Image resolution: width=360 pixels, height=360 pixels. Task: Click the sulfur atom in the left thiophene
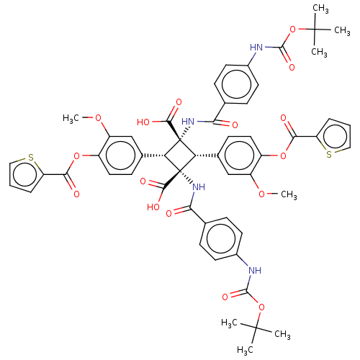click(31, 158)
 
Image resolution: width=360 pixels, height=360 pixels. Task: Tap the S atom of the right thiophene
click(329, 154)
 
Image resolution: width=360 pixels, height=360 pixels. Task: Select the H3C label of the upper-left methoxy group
click(71, 118)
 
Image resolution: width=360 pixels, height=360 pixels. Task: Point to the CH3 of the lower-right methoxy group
click(289, 194)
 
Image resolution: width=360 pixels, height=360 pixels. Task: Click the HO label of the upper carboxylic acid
click(143, 122)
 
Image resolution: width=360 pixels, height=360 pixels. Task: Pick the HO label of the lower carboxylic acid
click(153, 207)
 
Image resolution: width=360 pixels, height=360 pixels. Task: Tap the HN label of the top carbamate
click(256, 48)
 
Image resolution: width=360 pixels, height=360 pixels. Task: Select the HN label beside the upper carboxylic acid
click(188, 122)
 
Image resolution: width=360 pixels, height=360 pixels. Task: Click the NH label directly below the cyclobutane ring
click(199, 186)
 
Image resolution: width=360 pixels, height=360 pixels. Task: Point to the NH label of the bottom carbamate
click(255, 271)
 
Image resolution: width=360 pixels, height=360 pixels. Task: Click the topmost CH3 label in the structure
click(320, 9)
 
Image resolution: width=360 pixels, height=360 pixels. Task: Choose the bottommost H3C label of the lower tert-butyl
click(245, 350)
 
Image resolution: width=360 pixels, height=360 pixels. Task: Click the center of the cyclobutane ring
click(180, 156)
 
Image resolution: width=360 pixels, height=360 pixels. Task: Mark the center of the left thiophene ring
click(24, 174)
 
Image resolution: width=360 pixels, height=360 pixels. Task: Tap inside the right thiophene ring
click(336, 137)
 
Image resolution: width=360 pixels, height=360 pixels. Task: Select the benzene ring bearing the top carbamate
click(236, 84)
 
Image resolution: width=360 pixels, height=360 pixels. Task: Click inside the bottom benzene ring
click(221, 238)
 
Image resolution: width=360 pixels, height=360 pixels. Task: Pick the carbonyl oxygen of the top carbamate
click(292, 67)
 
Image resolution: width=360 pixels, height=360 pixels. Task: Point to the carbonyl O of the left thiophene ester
click(76, 194)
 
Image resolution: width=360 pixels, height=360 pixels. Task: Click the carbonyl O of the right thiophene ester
click(284, 118)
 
